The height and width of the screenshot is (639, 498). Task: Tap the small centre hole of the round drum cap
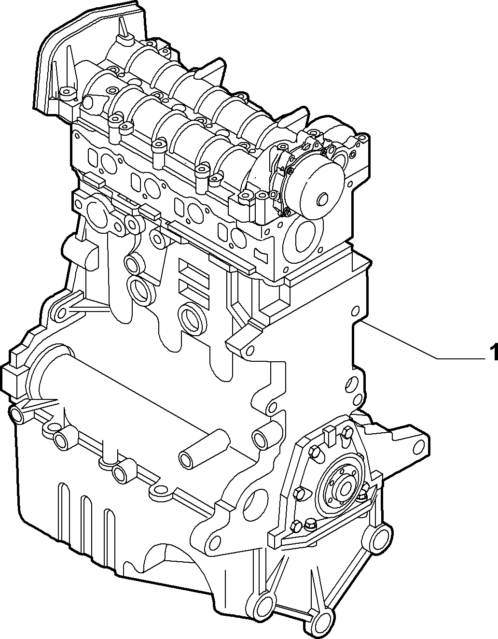tap(322, 199)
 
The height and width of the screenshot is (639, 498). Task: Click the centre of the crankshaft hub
tap(346, 489)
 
